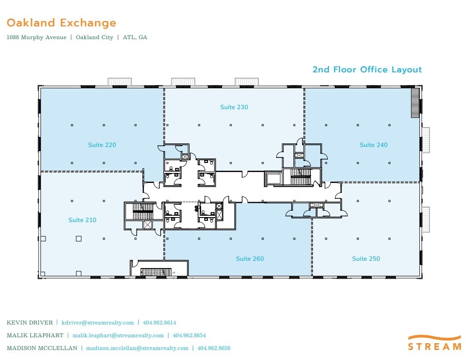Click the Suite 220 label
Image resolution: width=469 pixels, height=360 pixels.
[x=102, y=145]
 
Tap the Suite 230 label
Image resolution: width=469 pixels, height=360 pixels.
[x=234, y=107]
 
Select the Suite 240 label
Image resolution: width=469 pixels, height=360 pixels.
[x=373, y=145]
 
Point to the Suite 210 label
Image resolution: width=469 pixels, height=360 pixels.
[x=82, y=220]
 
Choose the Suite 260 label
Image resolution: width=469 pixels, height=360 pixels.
[x=250, y=259]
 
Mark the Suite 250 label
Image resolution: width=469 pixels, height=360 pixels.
[x=366, y=259]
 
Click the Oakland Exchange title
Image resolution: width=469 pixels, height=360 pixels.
[x=61, y=23]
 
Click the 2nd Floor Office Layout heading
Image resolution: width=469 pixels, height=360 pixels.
[x=367, y=70]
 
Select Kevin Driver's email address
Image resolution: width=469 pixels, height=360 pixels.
[x=98, y=323]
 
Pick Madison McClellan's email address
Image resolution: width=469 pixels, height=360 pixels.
[x=137, y=348]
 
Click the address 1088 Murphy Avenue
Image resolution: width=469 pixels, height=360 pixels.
[x=36, y=37]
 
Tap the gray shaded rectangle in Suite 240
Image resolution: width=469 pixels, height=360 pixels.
[x=414, y=103]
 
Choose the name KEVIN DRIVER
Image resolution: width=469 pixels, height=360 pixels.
[x=29, y=323]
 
